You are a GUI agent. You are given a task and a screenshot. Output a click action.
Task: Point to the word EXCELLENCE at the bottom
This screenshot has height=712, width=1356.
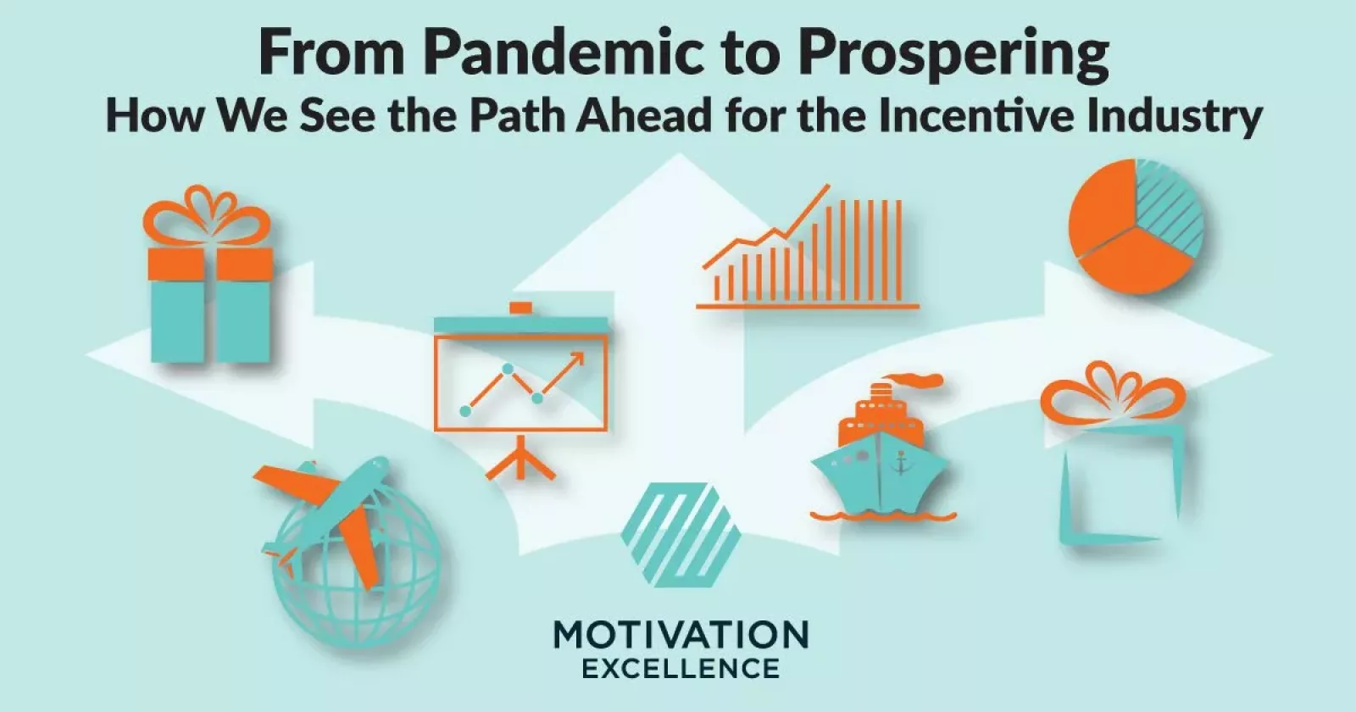point(681,669)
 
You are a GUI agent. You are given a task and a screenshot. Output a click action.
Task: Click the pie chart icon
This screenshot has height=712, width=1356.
point(1136,225)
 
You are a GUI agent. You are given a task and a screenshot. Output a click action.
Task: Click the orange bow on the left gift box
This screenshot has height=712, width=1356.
point(207,216)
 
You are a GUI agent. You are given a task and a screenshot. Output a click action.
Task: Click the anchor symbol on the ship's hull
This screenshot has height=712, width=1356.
point(901,462)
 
